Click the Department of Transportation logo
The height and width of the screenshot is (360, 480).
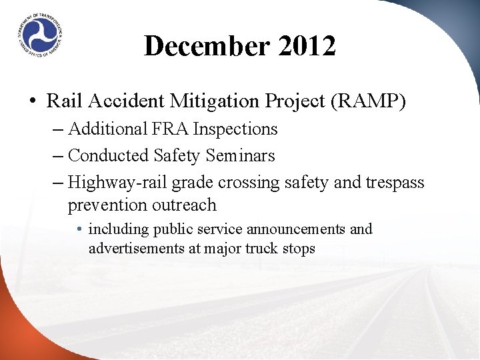coord(39,34)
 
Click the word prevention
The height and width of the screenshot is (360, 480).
coord(108,205)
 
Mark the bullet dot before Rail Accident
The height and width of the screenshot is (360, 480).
coord(32,102)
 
